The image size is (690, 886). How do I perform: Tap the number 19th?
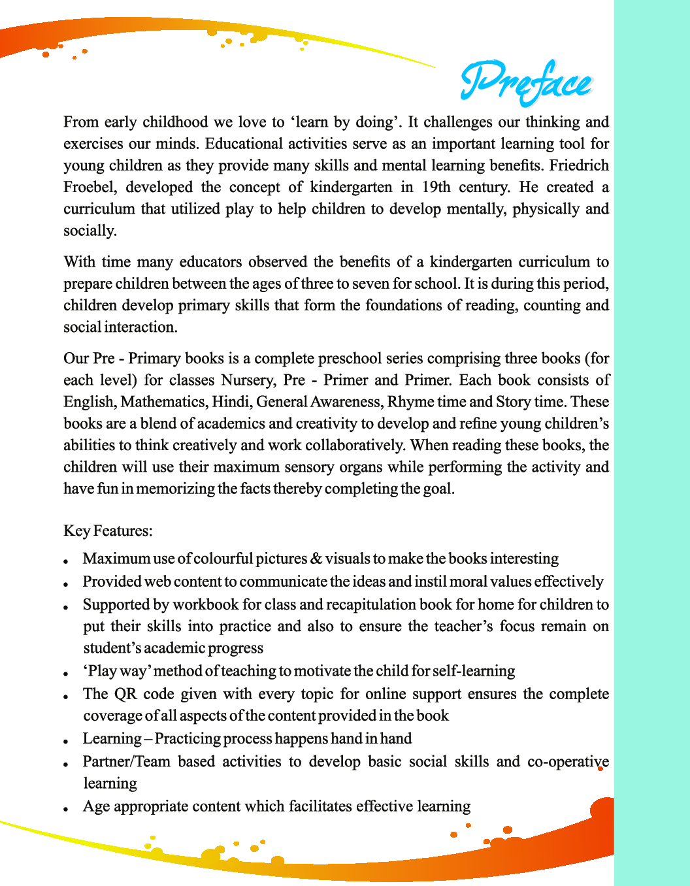436,187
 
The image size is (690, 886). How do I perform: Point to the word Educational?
242,144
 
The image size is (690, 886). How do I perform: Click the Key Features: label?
108,531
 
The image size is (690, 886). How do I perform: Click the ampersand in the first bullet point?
316,559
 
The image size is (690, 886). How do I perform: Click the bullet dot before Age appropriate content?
67,809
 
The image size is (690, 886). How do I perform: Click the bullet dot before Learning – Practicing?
67,742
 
